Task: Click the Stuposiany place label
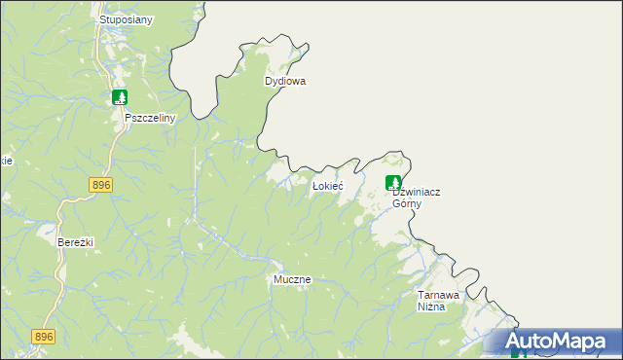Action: (x=127, y=19)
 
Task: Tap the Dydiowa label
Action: (x=285, y=82)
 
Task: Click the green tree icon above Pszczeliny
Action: (x=120, y=97)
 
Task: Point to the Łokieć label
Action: (x=326, y=186)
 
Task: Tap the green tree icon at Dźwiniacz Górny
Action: (x=393, y=182)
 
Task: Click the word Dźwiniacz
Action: (x=416, y=193)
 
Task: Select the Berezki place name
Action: (x=75, y=242)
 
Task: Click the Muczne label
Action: (x=291, y=279)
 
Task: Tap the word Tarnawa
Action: (x=439, y=295)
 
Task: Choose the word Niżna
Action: (x=431, y=306)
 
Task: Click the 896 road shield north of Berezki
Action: (x=100, y=185)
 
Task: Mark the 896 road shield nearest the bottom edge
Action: (x=44, y=337)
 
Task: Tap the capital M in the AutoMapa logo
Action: (x=564, y=342)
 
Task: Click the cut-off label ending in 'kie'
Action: (x=6, y=162)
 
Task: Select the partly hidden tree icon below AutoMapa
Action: (x=518, y=355)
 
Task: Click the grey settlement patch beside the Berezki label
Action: (x=45, y=232)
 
